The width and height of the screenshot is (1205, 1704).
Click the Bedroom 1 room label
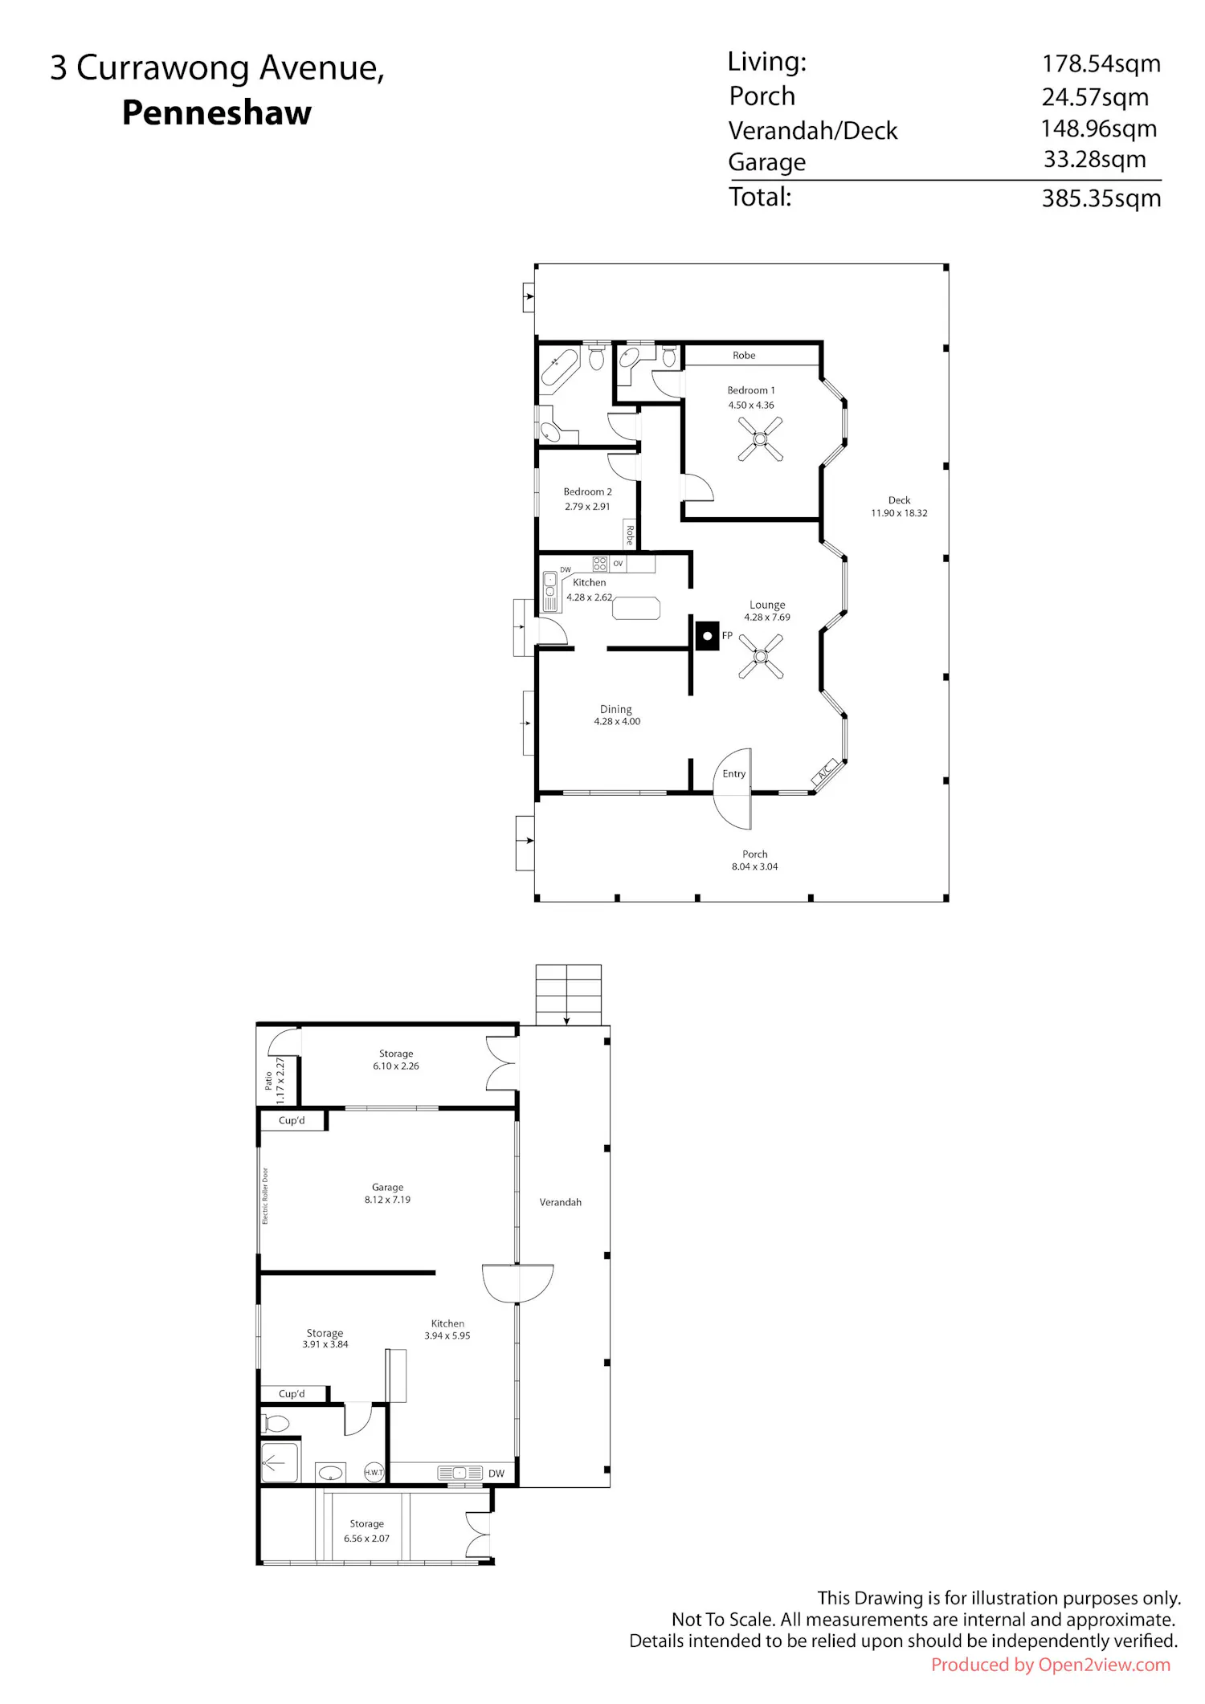751,390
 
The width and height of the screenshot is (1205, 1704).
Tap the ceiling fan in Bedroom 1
760,439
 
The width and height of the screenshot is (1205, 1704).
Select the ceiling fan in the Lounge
760,656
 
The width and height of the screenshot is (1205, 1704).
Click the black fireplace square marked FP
707,636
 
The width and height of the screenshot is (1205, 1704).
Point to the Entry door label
733,774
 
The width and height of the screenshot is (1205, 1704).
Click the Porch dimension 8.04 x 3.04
754,866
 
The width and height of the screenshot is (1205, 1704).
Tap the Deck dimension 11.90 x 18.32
899,513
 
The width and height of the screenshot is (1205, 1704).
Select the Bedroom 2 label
587,491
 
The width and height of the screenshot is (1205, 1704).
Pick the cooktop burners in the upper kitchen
600,564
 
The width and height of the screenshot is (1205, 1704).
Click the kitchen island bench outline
636,608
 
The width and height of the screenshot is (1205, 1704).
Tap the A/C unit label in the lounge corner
825,773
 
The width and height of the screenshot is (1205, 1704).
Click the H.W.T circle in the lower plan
374,1472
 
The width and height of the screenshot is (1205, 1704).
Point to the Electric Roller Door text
265,1196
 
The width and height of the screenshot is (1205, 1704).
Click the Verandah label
560,1202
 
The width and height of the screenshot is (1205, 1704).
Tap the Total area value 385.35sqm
1101,198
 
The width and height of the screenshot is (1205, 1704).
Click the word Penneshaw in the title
217,112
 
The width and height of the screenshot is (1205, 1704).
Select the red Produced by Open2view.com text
1051,1665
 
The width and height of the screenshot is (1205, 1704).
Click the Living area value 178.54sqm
1101,63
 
